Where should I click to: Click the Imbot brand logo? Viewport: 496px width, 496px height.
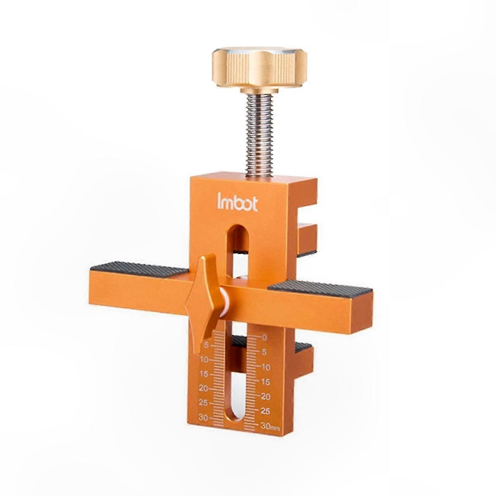[x=237, y=203]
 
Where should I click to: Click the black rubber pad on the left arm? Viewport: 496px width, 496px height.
[x=138, y=269]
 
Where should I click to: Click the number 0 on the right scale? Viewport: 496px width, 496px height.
[x=265, y=338]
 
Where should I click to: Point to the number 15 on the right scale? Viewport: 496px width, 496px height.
[x=265, y=382]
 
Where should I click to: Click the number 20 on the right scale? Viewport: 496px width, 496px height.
[x=266, y=396]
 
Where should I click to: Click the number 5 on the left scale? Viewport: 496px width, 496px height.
[x=206, y=345]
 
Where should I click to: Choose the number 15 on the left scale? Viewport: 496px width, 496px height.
[x=204, y=374]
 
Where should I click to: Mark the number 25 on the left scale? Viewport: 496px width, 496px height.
[x=203, y=403]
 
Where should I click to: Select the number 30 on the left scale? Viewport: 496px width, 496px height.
[x=203, y=417]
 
